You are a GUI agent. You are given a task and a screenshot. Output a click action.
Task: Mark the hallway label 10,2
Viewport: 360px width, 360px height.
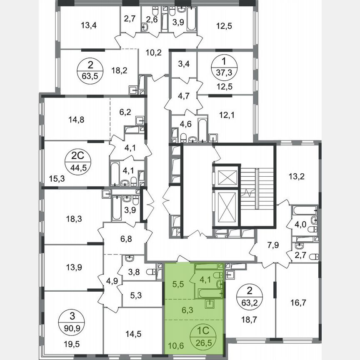point(153,52)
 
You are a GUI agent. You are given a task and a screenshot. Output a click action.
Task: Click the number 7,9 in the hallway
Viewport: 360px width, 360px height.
point(272,245)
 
